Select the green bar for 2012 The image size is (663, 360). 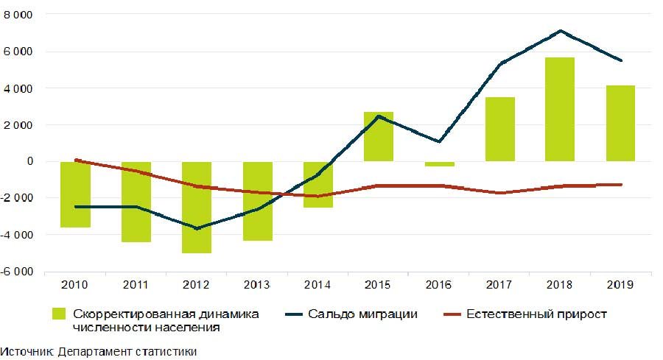[197, 207]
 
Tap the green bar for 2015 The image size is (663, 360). [379, 137]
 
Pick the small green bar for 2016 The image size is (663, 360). [439, 164]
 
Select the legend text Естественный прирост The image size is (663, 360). [536, 314]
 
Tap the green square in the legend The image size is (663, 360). [60, 314]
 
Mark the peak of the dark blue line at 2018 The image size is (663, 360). [561, 31]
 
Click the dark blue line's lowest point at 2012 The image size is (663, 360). [197, 228]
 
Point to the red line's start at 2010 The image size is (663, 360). [76, 160]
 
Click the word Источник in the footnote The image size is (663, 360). [27, 351]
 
